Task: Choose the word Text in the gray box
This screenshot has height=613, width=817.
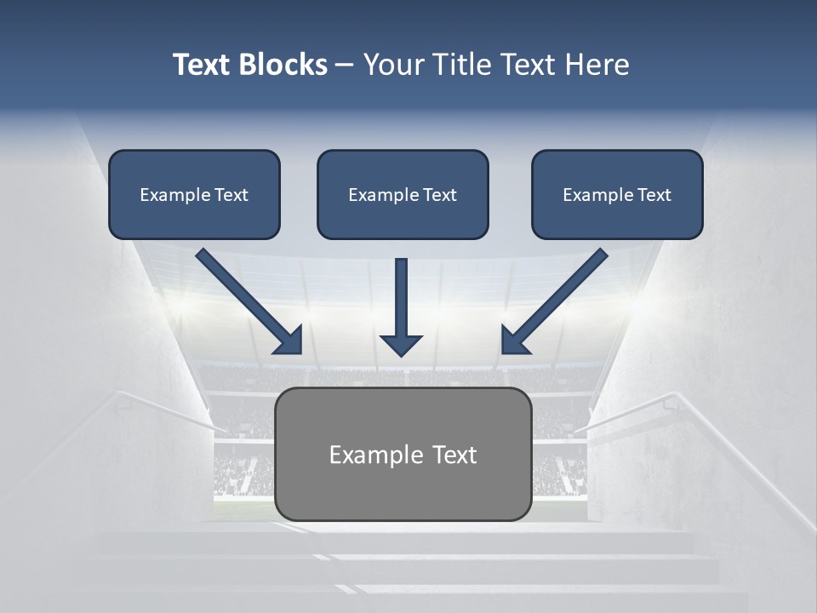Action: (x=454, y=455)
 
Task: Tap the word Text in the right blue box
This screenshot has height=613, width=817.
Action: (x=653, y=195)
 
